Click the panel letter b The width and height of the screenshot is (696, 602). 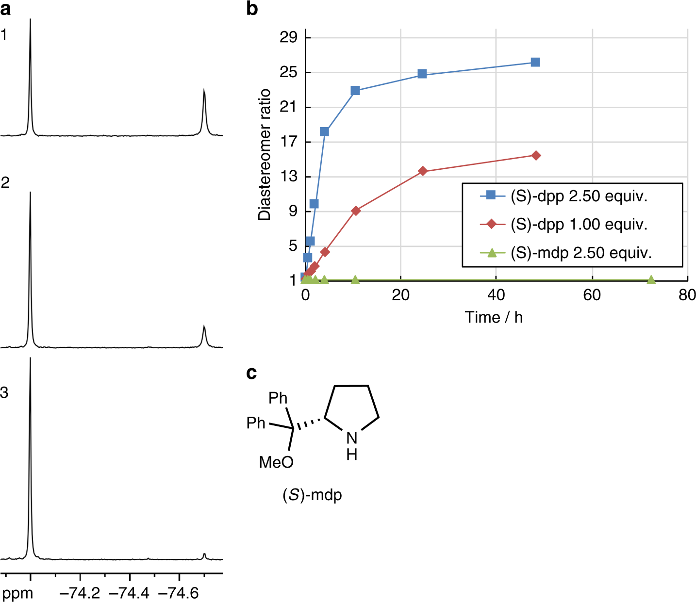(x=252, y=8)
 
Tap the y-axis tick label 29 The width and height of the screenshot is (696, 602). (x=288, y=37)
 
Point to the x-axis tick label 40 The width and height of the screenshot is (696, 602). (x=496, y=295)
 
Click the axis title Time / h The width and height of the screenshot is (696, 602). (x=494, y=317)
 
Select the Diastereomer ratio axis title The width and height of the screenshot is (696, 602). (x=265, y=155)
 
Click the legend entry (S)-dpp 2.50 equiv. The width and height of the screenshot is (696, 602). (x=579, y=196)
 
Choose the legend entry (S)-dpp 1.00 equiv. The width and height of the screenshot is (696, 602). (x=579, y=225)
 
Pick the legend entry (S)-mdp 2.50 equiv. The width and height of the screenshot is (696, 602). (x=580, y=253)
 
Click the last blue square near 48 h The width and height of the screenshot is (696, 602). (x=535, y=62)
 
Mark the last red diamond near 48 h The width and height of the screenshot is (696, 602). (x=536, y=155)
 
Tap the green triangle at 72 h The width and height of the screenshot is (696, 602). (x=651, y=280)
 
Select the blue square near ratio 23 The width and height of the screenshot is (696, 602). (x=355, y=91)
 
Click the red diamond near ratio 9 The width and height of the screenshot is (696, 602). (x=356, y=211)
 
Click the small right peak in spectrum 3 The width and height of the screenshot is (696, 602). (x=204, y=555)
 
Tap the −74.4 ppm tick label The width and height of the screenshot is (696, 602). (x=130, y=593)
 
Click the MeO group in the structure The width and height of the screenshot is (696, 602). (x=276, y=462)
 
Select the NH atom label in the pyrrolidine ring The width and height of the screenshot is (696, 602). (x=352, y=445)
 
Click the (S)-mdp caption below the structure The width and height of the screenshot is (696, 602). (x=312, y=495)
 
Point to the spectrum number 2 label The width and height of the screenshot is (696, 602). (x=5, y=183)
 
